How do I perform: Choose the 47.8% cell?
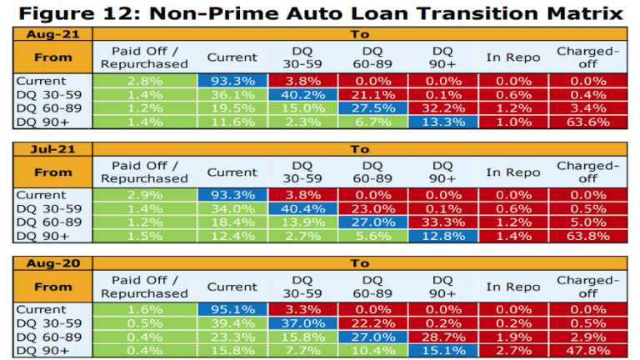pyautogui.click(x=587, y=350)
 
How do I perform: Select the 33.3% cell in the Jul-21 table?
pyautogui.click(x=443, y=222)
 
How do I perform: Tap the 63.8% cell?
pyautogui.click(x=587, y=235)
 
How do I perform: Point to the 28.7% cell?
pyautogui.click(x=443, y=337)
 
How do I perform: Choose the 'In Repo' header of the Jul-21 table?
pyautogui.click(x=513, y=172)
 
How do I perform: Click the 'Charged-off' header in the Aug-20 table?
pyautogui.click(x=587, y=287)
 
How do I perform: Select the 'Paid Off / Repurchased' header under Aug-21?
pyautogui.click(x=145, y=57)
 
